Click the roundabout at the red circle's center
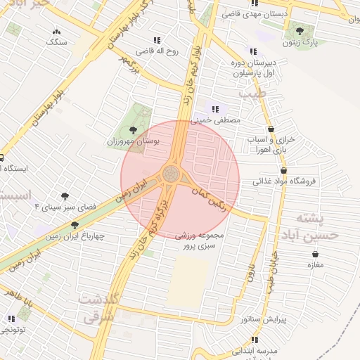(x=171, y=173)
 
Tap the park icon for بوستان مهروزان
(x=134, y=129)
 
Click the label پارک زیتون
(x=306, y=43)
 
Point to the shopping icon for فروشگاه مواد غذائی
(x=283, y=170)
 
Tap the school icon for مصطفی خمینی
(x=216, y=109)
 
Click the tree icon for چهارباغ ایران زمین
(x=75, y=225)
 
